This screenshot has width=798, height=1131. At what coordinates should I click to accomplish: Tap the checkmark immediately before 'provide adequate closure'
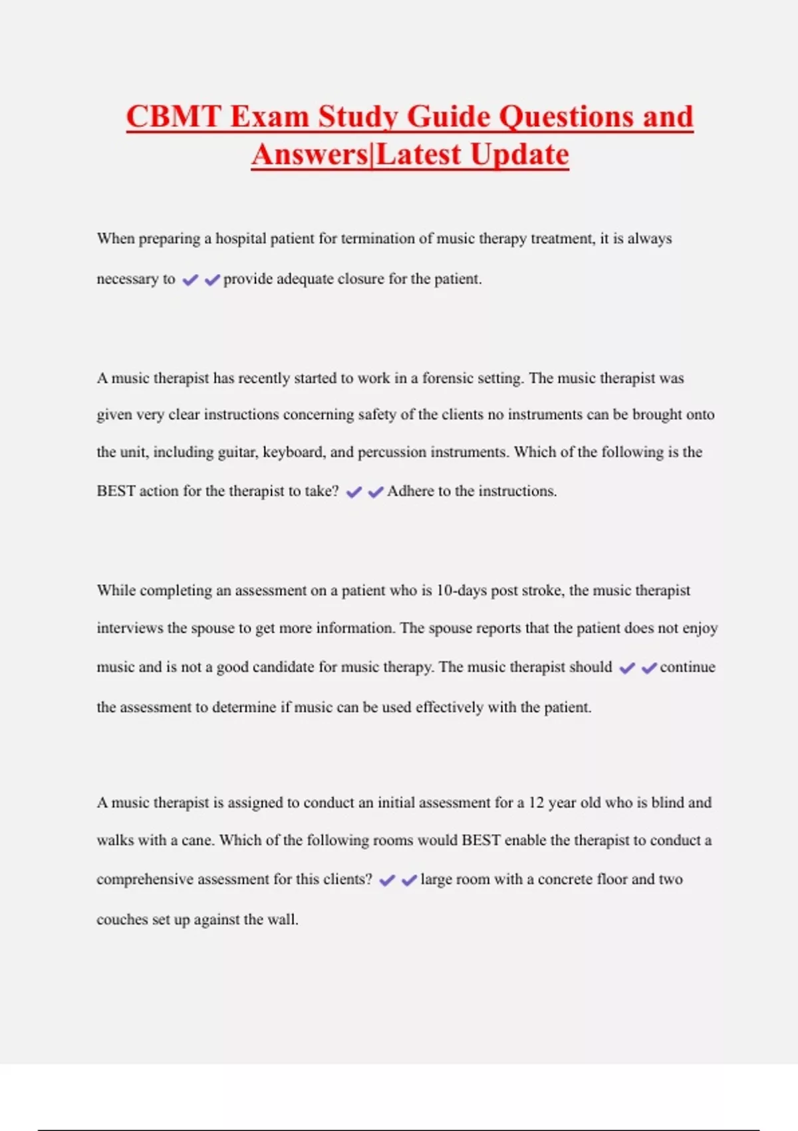coord(212,280)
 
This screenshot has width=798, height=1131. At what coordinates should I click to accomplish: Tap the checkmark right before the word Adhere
coord(376,492)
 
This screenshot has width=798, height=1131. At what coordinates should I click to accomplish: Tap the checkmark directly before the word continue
coord(649,668)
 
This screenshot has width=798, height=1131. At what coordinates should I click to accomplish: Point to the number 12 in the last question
coord(537,803)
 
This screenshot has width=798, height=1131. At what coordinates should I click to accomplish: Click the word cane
coord(198,840)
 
